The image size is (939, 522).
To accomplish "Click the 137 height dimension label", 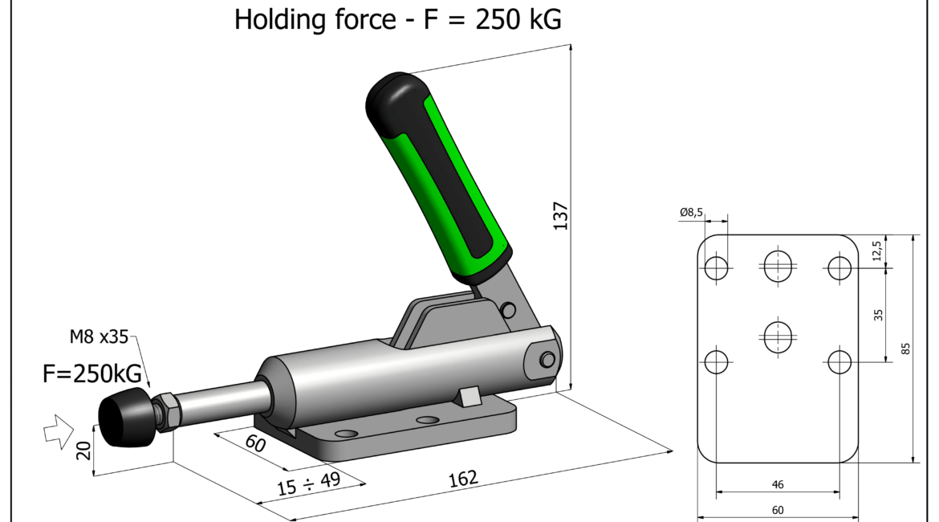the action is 560,216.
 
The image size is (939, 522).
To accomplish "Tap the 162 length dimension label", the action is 464,479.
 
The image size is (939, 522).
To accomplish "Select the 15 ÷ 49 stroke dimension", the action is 308,483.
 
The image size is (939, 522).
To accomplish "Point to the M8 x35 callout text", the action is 99,336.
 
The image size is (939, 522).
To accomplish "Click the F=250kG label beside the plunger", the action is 92,374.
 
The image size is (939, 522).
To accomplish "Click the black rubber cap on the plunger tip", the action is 125,418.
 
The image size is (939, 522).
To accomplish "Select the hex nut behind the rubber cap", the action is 165,411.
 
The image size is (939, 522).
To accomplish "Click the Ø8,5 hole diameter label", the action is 692,212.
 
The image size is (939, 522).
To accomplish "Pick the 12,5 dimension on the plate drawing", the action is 876,251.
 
